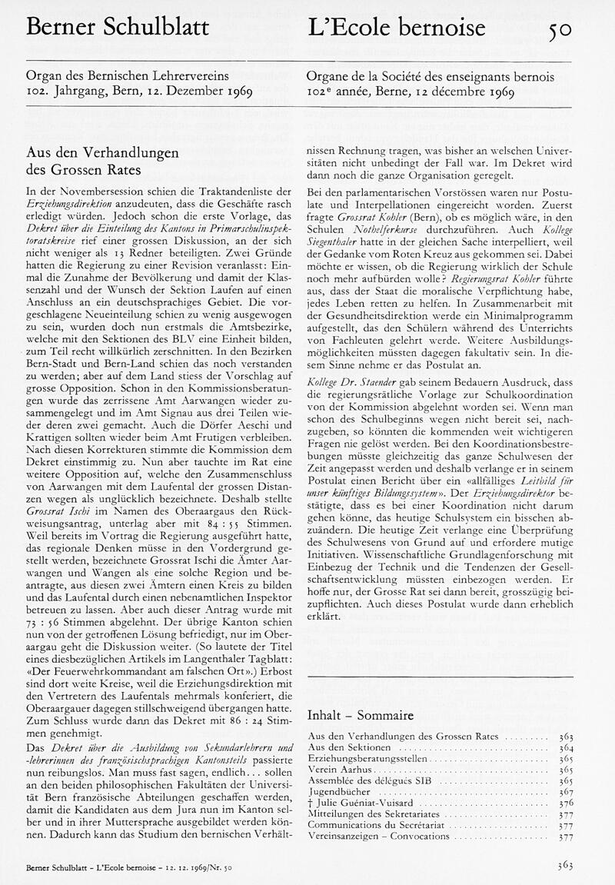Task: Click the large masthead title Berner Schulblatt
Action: pyautogui.click(x=117, y=28)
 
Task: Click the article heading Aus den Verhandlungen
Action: pyautogui.click(x=102, y=152)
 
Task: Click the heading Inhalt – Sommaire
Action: pyautogui.click(x=360, y=715)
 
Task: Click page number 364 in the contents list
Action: pyautogui.click(x=565, y=747)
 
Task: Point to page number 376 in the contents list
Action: pyautogui.click(x=565, y=802)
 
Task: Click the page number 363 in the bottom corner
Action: pyautogui.click(x=565, y=866)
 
